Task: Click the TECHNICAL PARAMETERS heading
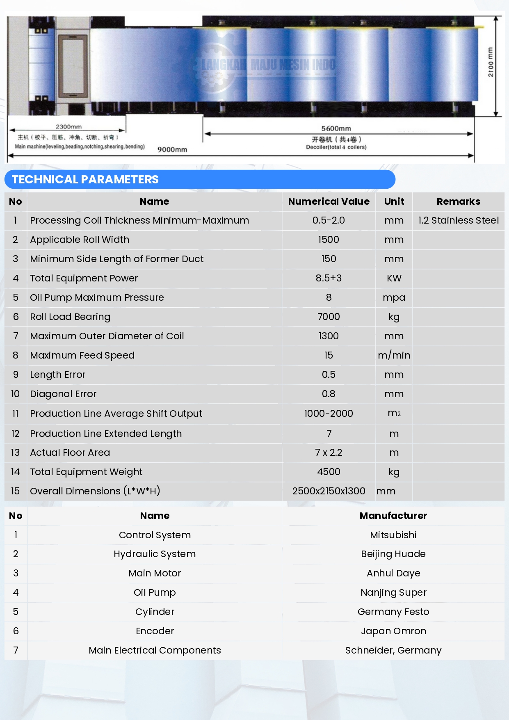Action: point(85,179)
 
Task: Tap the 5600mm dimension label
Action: point(336,128)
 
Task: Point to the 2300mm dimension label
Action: point(68,127)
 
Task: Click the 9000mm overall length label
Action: point(172,150)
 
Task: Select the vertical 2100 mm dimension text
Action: point(491,62)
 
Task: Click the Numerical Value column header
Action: point(329,201)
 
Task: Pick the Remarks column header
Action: point(458,201)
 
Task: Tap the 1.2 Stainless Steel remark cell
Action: point(458,220)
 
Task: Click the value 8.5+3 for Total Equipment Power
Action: point(329,278)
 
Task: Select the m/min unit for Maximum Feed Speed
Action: point(394,355)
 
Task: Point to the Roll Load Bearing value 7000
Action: point(329,317)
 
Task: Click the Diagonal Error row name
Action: point(63,394)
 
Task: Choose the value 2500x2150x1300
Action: point(329,491)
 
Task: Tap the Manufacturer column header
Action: point(393,516)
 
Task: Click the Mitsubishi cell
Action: point(393,535)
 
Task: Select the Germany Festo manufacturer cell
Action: point(393,612)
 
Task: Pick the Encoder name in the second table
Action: point(155,631)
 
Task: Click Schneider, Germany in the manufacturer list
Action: point(393,650)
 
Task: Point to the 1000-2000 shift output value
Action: point(329,414)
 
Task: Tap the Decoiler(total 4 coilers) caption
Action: point(336,147)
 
